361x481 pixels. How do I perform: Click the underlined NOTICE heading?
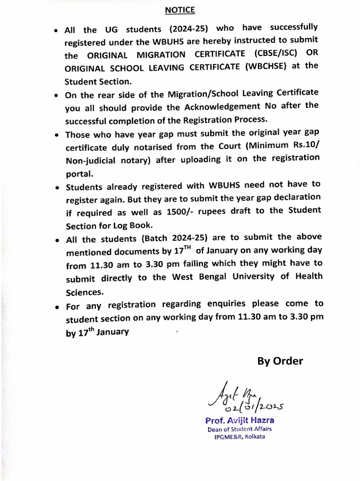coord(180,10)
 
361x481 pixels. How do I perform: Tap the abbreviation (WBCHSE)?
coord(267,67)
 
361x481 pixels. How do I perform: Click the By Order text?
coord(280,361)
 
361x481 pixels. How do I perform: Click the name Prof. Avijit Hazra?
coord(239,420)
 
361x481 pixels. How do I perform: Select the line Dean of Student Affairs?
coord(239,429)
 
